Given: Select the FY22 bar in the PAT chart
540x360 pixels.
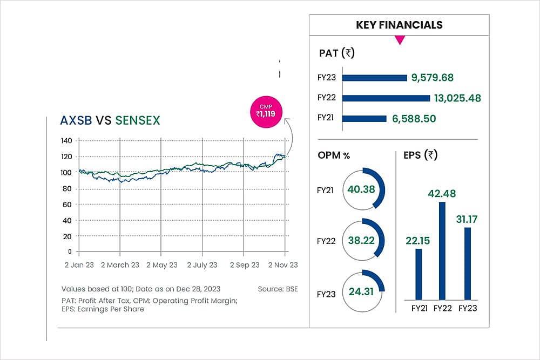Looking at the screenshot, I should pos(386,98).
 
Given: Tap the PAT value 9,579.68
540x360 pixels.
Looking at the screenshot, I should pos(432,78).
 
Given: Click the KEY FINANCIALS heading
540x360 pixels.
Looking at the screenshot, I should pos(399,25).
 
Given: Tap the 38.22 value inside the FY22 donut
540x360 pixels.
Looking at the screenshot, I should pos(361,241).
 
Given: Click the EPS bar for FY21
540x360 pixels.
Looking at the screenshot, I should pos(418,274).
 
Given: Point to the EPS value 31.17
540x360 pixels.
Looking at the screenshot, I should pos(468,220).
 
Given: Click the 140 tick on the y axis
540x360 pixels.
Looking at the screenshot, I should pos(66,141).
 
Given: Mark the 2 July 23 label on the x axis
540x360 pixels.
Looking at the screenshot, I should pos(202,265).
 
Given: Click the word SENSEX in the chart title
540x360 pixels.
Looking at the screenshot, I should pos(138,120).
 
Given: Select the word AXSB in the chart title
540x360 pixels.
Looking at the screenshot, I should pos(77,120).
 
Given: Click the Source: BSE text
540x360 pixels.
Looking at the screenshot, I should pos(278,289).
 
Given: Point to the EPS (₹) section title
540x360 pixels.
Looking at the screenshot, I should pos(420,155).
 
